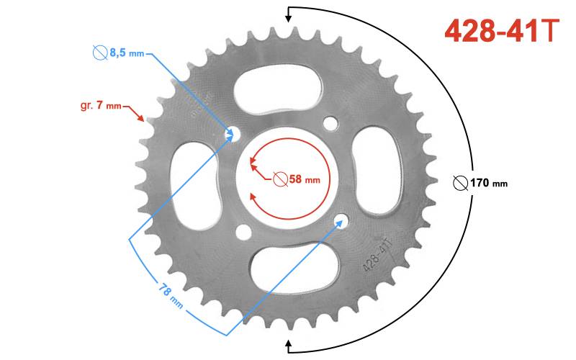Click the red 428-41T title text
click(502, 31)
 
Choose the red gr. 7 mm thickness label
click(101, 106)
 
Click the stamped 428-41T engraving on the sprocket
click(377, 254)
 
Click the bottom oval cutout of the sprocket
click(294, 267)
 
